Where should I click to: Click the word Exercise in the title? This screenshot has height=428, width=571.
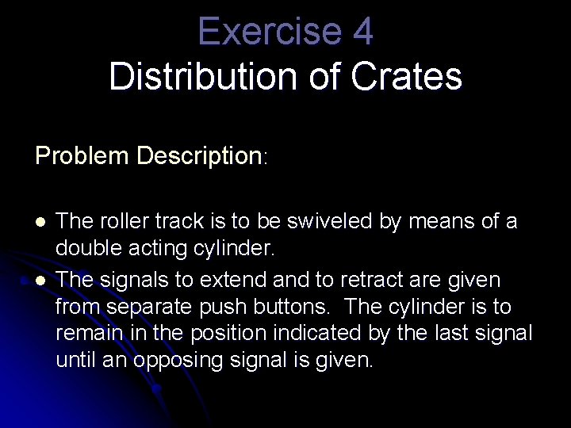(260, 32)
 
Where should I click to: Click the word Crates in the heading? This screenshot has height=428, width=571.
(415, 77)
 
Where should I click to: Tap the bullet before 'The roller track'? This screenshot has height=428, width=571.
(40, 222)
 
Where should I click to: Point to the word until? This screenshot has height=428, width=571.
(75, 361)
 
